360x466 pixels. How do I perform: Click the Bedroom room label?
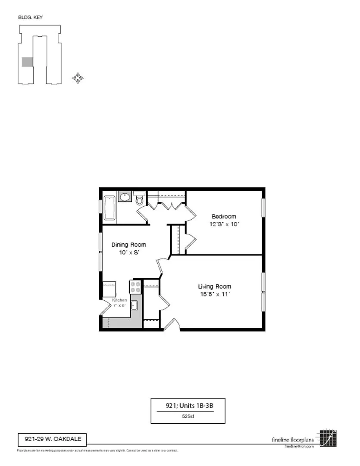point(223,216)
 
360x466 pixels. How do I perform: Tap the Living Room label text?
point(214,287)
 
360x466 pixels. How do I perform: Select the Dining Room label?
point(129,245)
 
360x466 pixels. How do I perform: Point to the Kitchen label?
point(119,300)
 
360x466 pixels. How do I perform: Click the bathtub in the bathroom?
point(110,208)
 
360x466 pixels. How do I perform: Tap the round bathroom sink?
point(125,197)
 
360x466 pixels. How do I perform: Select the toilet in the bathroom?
point(139,199)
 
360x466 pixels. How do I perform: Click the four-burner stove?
point(135,287)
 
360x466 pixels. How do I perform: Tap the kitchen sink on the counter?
point(134,305)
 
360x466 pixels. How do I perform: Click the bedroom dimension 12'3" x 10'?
point(223,224)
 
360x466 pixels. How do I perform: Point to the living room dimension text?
point(214,294)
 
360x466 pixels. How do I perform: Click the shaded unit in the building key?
point(27,62)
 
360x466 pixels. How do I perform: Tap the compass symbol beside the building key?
point(78,78)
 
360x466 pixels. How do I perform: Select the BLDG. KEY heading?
point(30,18)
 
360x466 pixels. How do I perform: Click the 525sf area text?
point(188,417)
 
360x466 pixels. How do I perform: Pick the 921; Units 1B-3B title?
point(188,406)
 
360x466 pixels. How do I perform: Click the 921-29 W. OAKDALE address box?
point(52,440)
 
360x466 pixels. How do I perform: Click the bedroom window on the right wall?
point(263,208)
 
